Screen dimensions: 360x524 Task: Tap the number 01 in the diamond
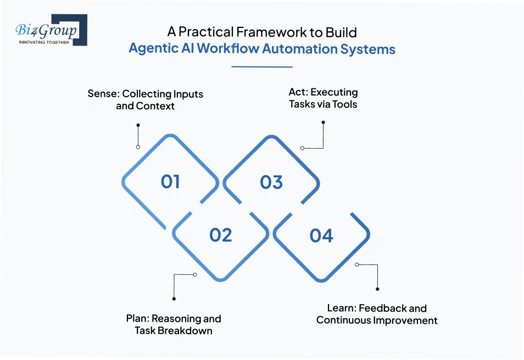170,182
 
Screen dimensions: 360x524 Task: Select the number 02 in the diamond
221,235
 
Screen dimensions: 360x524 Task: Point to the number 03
271,182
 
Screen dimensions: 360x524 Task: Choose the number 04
321,235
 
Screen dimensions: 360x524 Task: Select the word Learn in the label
341,308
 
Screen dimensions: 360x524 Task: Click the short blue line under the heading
262,67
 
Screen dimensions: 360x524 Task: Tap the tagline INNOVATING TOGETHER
44,42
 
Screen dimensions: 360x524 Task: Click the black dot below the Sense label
137,125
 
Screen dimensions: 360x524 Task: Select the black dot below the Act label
323,122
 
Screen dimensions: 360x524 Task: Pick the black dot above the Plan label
174,299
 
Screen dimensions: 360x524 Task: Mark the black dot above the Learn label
377,289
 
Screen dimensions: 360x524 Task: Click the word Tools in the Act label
344,104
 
